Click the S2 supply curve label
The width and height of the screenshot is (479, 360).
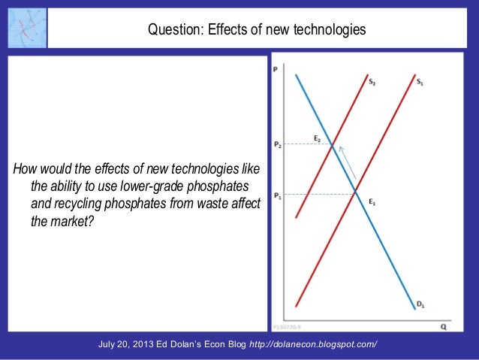click(372, 81)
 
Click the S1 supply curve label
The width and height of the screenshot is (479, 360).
click(420, 81)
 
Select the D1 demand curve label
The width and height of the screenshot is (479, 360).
click(420, 304)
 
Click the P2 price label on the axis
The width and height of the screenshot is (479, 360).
click(278, 144)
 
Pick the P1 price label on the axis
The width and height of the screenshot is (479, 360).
click(278, 195)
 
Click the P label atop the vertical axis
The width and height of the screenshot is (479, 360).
click(276, 69)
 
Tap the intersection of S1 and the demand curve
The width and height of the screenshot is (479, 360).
click(356, 195)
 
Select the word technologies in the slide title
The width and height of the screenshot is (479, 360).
click(330, 30)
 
